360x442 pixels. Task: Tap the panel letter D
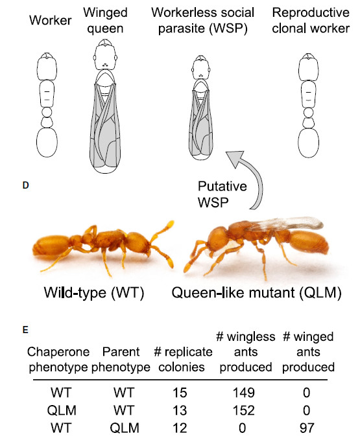click(25, 185)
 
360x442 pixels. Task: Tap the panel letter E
click(25, 329)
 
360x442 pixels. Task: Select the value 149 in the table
click(244, 393)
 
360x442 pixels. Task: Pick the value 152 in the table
click(244, 410)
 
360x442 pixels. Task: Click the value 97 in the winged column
click(307, 428)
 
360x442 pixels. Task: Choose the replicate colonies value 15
click(180, 393)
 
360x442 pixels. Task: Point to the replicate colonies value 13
click(180, 410)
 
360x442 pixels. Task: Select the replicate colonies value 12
click(180, 428)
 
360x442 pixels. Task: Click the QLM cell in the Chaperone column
click(62, 410)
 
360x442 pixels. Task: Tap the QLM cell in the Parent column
click(125, 428)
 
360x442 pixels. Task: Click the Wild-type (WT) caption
click(94, 292)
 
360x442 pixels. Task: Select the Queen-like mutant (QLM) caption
click(256, 292)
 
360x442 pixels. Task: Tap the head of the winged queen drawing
click(105, 55)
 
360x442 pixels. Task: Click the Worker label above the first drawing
click(50, 20)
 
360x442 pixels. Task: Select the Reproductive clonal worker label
click(311, 20)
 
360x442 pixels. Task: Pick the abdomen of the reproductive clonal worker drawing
click(309, 143)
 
